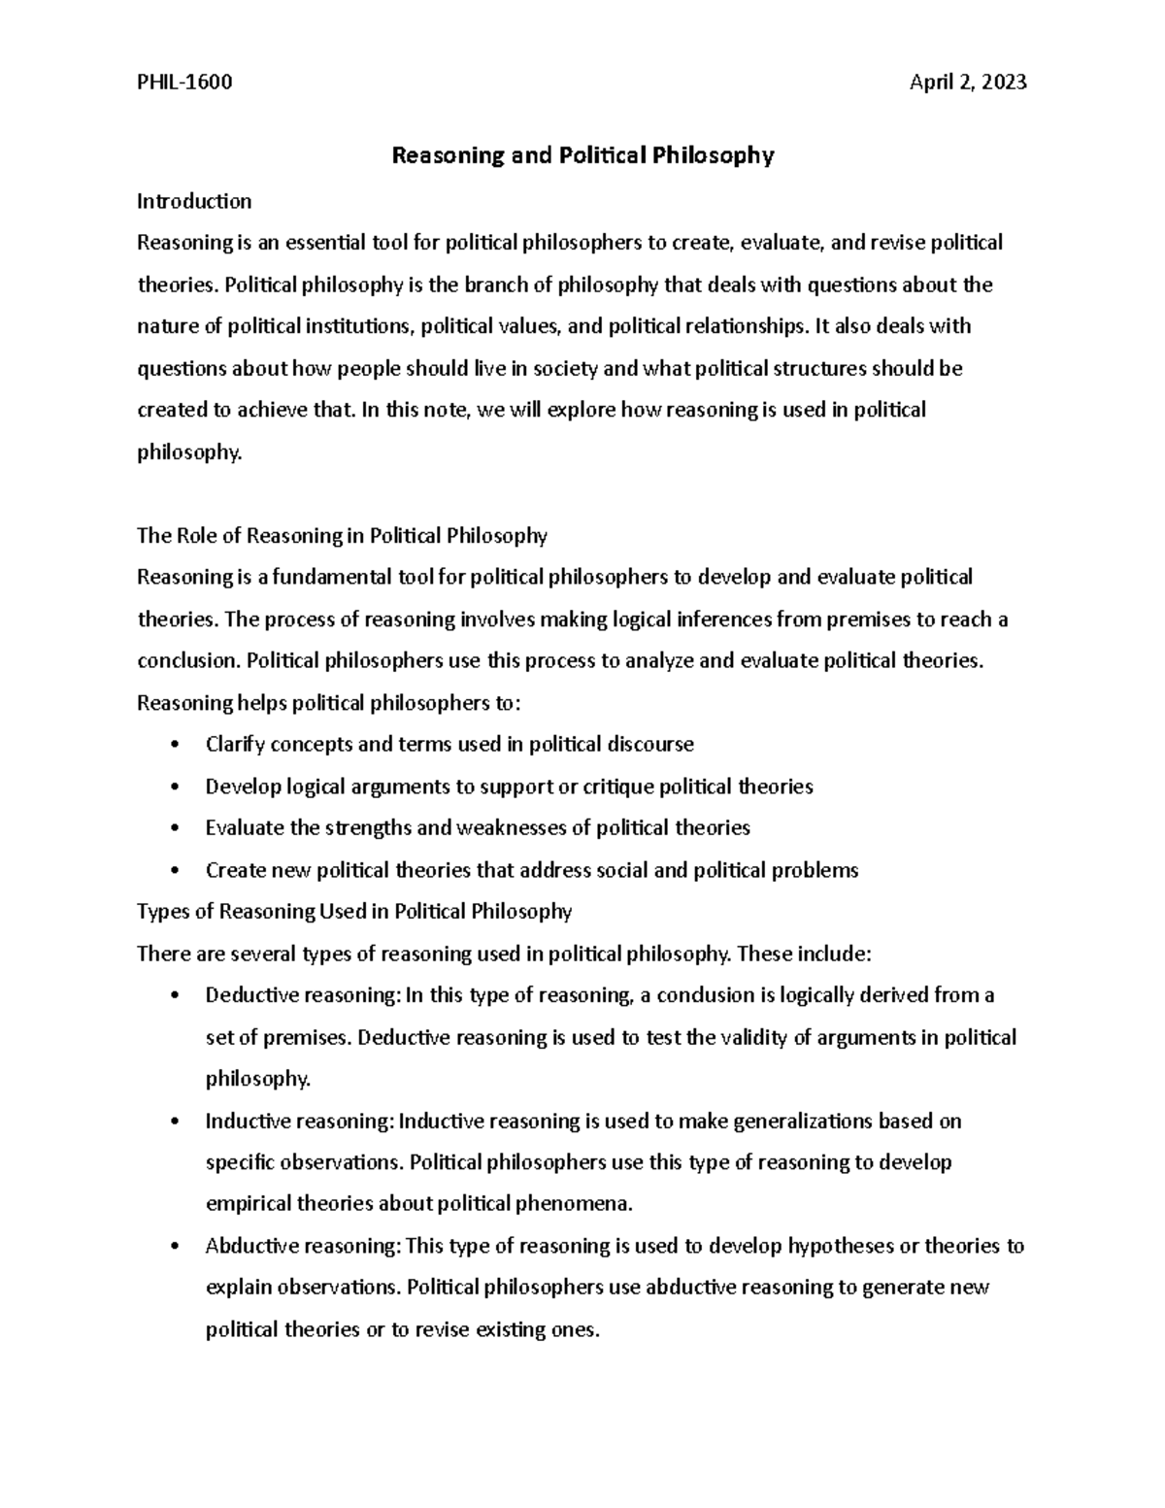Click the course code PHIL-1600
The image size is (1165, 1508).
[x=184, y=83]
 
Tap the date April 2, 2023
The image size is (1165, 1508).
[x=967, y=83]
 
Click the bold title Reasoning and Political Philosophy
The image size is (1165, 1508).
[x=582, y=155]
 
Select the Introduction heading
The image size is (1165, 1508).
[x=194, y=201]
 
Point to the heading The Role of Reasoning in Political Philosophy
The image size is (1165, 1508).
[x=342, y=535]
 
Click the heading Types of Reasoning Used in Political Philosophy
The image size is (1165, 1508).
[x=354, y=911]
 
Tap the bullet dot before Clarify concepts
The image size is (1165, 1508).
[x=174, y=745]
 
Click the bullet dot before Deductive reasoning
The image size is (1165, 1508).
[x=174, y=995]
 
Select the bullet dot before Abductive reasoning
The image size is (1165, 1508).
[x=174, y=1246]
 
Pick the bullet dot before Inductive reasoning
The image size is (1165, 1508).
[x=174, y=1122]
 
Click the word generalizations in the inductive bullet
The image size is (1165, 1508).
[x=802, y=1122]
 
